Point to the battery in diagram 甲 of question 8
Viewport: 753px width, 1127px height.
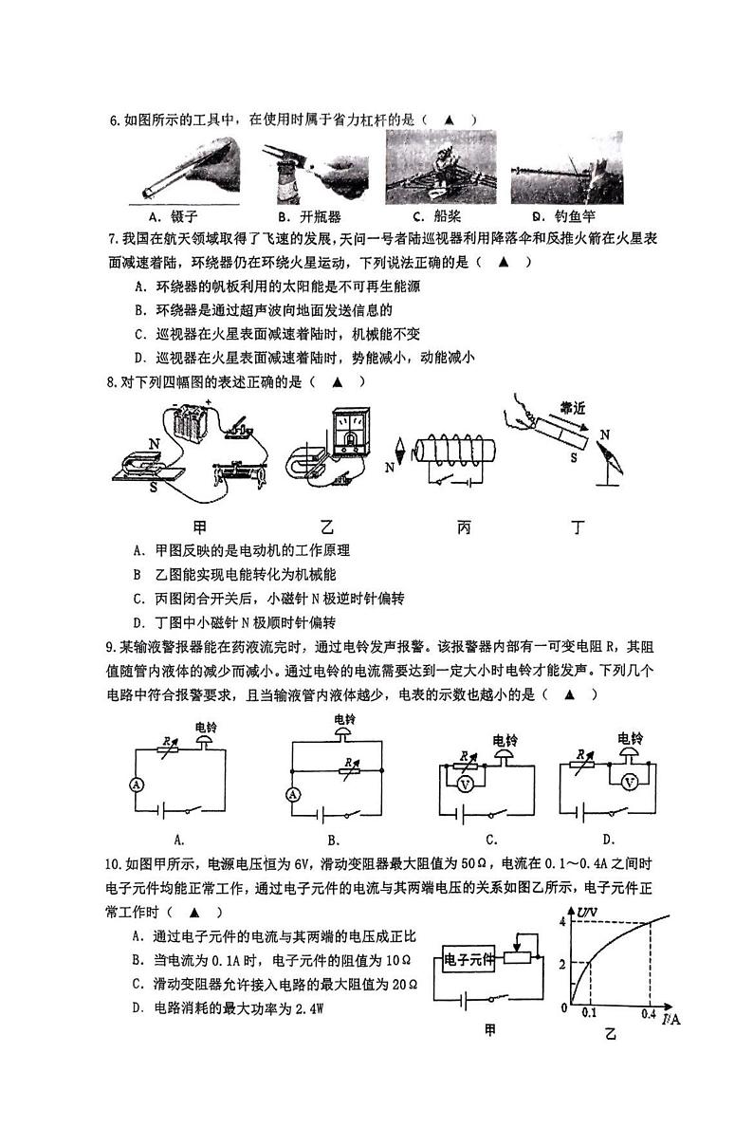pos(196,421)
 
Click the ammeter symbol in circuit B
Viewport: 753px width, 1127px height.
pos(293,794)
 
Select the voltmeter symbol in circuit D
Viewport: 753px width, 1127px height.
pos(628,782)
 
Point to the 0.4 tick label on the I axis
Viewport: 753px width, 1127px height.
pos(649,1014)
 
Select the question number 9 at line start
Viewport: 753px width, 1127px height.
pos(112,647)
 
